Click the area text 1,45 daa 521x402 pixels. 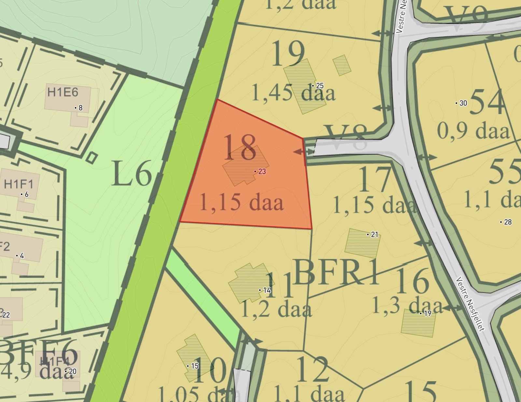[x=293, y=93]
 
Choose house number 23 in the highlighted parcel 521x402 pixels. [x=262, y=171]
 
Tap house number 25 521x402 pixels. [x=319, y=86]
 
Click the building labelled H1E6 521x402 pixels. [x=63, y=93]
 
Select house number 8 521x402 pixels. [x=80, y=108]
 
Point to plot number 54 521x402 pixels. [x=487, y=102]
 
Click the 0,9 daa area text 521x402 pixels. [x=473, y=131]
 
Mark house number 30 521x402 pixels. [x=463, y=103]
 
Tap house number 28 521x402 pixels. [x=507, y=222]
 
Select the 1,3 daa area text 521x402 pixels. [x=407, y=306]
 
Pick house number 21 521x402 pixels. [x=374, y=235]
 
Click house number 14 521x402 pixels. [x=267, y=290]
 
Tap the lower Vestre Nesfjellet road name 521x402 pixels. [x=470, y=304]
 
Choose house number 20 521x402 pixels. [x=72, y=371]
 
